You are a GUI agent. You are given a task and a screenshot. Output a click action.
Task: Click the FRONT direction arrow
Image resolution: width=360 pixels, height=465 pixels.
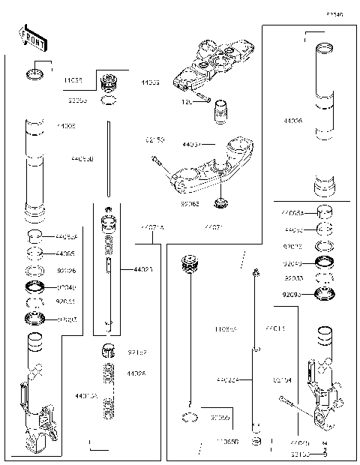pos(28,35)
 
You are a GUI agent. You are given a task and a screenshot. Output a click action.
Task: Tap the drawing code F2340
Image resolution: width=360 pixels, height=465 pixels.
pos(334,13)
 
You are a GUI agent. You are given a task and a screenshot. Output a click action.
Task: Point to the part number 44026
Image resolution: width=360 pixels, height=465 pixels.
pos(136,373)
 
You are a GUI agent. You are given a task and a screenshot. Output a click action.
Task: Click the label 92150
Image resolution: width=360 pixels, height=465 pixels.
pos(155,139)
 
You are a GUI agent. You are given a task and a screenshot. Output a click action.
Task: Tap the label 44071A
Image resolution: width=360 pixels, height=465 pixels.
pos(153,226)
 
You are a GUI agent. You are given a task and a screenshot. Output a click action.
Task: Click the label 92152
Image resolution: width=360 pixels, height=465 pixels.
pos(136,351)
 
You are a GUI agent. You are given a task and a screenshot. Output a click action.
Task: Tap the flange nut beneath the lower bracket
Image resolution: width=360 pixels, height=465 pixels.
pos(220,202)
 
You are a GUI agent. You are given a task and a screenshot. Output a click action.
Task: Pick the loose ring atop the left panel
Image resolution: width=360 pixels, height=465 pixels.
pos(34,74)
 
